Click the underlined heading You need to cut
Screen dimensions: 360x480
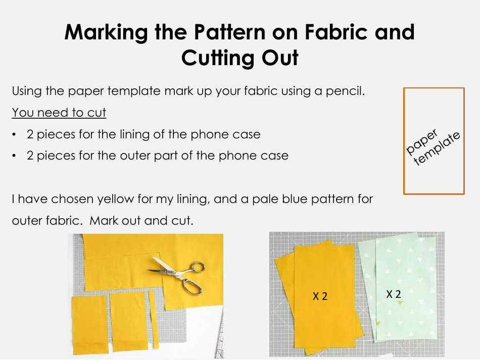click(59, 112)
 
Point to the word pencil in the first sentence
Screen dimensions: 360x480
click(341, 91)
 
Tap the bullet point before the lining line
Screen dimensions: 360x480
click(16, 135)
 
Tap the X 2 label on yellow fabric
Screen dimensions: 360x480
click(320, 296)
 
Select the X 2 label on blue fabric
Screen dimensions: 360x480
click(394, 294)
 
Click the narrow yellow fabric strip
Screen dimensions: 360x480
click(154, 320)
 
